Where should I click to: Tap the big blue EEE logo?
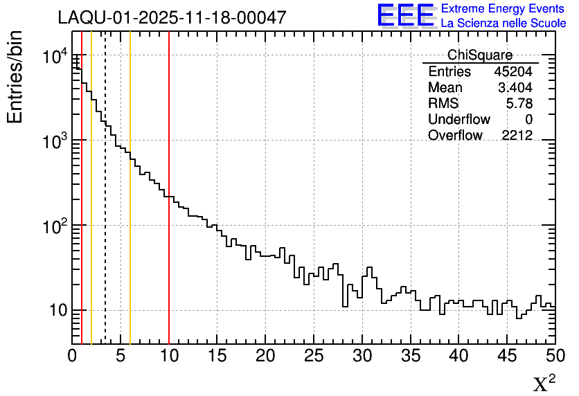click(406, 15)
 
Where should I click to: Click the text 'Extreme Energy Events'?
click(503, 9)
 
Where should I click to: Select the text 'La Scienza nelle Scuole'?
click(503, 23)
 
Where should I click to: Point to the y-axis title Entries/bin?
click(15, 76)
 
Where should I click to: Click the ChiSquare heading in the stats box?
click(480, 55)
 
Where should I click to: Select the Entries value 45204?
click(513, 72)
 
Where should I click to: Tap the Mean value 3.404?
click(515, 88)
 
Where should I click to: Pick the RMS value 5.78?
click(519, 104)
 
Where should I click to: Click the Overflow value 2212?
click(517, 136)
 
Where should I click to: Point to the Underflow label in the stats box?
click(458, 120)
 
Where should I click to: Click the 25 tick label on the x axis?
click(314, 356)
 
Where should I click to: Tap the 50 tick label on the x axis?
click(555, 356)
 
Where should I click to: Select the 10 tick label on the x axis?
click(169, 356)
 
